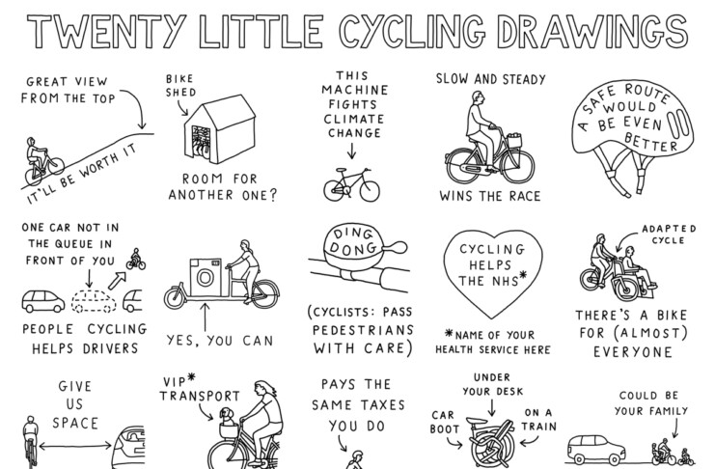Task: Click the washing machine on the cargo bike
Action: click(206, 277)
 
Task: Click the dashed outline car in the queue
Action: click(94, 301)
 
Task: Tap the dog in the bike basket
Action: click(226, 416)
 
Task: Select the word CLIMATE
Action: click(353, 119)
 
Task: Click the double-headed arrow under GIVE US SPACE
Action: click(75, 445)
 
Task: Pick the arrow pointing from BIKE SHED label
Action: click(182, 108)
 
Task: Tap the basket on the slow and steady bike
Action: click(514, 140)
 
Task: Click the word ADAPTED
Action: click(669, 229)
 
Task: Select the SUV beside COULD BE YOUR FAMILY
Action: click(595, 450)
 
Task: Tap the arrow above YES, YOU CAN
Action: click(205, 317)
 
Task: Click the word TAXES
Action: click(382, 405)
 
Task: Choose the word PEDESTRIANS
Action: click(363, 330)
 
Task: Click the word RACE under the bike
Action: click(524, 196)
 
